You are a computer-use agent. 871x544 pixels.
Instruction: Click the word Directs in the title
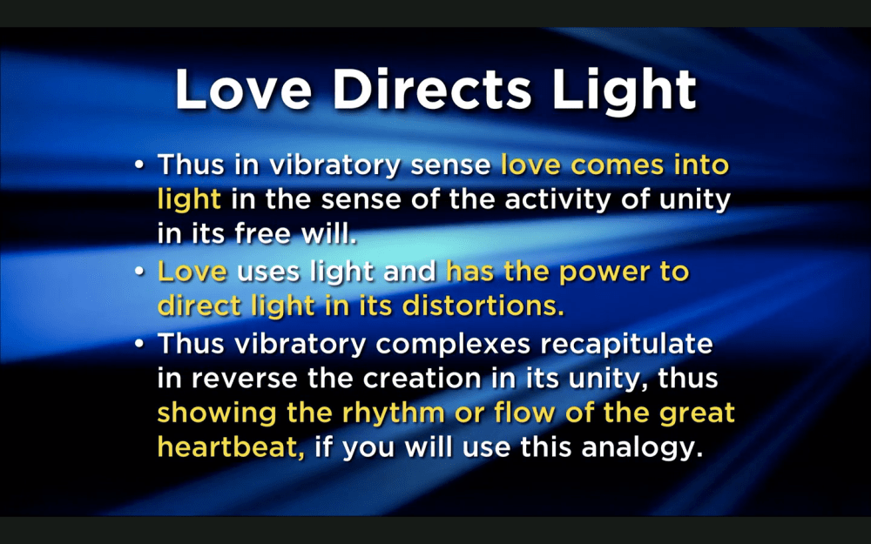coord(432,90)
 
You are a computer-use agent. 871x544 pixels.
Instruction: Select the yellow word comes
coord(618,165)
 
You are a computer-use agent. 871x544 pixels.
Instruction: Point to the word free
coord(264,233)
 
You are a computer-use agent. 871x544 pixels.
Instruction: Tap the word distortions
coord(483,306)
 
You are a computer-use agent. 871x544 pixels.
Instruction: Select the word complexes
coord(453,346)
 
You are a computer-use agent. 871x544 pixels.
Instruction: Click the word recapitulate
coord(626,345)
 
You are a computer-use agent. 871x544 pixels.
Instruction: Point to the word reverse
coord(245,379)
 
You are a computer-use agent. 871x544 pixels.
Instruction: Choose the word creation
coord(423,379)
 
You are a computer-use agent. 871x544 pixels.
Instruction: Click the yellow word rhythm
coord(394,414)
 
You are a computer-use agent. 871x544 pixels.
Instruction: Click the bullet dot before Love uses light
coord(139,272)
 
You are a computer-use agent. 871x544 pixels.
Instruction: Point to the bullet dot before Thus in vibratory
coord(139,165)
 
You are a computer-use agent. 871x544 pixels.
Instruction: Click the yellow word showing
coord(217,414)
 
